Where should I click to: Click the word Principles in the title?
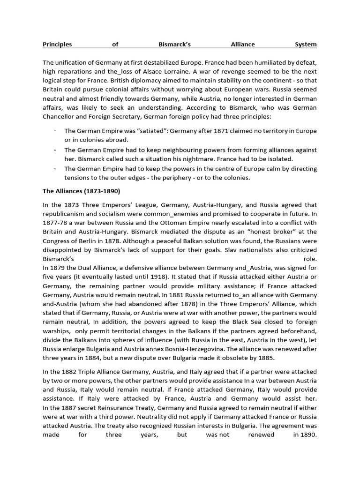tap(57, 45)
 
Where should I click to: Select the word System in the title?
tap(305, 45)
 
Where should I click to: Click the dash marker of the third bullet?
tap(55, 168)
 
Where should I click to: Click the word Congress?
tap(54, 240)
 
